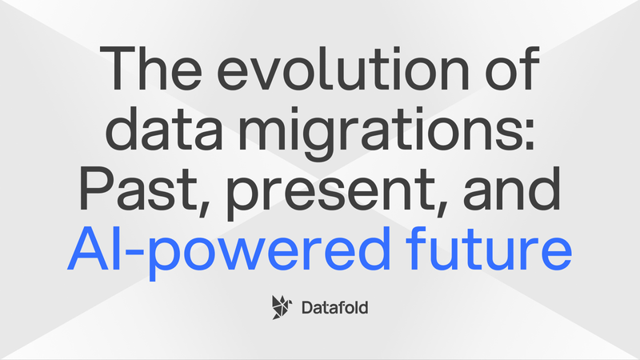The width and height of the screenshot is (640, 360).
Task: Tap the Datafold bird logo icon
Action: [x=282, y=306]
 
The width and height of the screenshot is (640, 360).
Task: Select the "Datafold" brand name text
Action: [x=337, y=306]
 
